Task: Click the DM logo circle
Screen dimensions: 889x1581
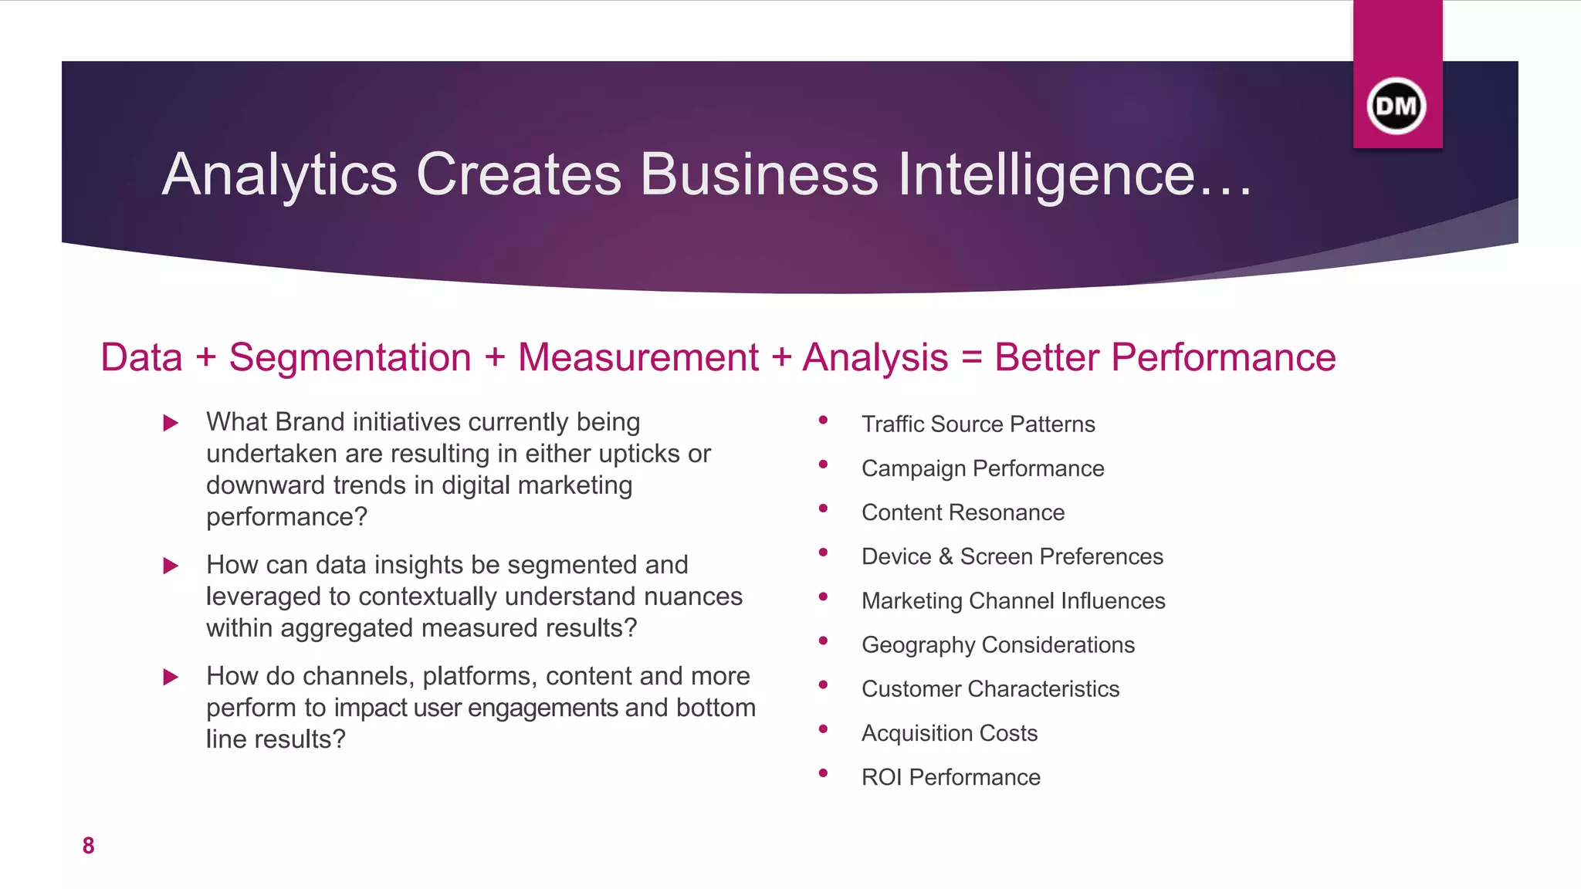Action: pyautogui.click(x=1396, y=106)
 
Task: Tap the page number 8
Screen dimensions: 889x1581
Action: pyautogui.click(x=88, y=846)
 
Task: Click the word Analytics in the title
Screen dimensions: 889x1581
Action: pyautogui.click(x=279, y=174)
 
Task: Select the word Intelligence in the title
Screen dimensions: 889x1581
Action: pyautogui.click(x=1046, y=174)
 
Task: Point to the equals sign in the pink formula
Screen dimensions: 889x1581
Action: pyautogui.click(x=971, y=357)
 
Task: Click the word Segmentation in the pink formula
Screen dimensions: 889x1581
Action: pyautogui.click(x=350, y=357)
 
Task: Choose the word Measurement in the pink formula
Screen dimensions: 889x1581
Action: pyautogui.click(x=638, y=357)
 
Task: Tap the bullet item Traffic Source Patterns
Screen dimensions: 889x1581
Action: pyautogui.click(x=978, y=424)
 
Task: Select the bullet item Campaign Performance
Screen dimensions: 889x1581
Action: pyautogui.click(x=983, y=468)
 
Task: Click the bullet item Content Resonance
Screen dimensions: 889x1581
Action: pyautogui.click(x=963, y=512)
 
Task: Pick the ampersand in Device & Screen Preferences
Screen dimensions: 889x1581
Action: pyautogui.click(x=946, y=556)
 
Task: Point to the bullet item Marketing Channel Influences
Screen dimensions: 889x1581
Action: pyautogui.click(x=1013, y=600)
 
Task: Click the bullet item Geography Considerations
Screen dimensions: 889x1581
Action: pyautogui.click(x=998, y=644)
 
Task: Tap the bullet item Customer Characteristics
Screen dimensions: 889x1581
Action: pyautogui.click(x=990, y=688)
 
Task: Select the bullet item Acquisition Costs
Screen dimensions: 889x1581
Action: pyautogui.click(x=950, y=733)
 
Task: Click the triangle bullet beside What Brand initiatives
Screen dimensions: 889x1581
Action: pyautogui.click(x=171, y=423)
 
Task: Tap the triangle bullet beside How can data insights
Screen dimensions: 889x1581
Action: pyautogui.click(x=171, y=566)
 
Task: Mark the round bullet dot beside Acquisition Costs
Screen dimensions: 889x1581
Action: pyautogui.click(x=823, y=728)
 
